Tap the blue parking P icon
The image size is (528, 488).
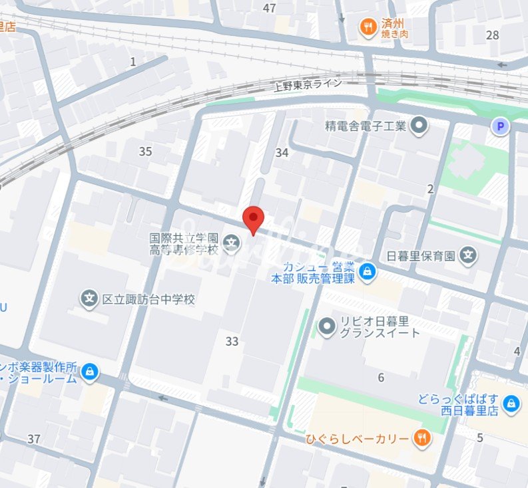(x=500, y=126)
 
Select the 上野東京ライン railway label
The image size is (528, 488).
(x=308, y=84)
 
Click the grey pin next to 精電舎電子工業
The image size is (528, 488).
(x=419, y=125)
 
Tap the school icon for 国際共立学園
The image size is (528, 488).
(x=232, y=243)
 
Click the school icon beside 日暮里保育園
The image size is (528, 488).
(x=469, y=255)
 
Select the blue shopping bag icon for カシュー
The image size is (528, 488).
(x=367, y=272)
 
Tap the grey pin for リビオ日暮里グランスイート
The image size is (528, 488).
(x=327, y=326)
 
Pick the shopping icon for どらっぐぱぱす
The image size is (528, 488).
(x=511, y=403)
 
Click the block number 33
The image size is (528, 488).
(x=232, y=342)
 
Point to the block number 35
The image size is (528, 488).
(x=146, y=152)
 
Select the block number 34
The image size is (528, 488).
(x=282, y=153)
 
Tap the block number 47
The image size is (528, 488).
(x=269, y=8)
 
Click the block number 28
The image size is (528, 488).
(x=493, y=35)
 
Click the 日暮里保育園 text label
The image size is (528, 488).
(x=421, y=255)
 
